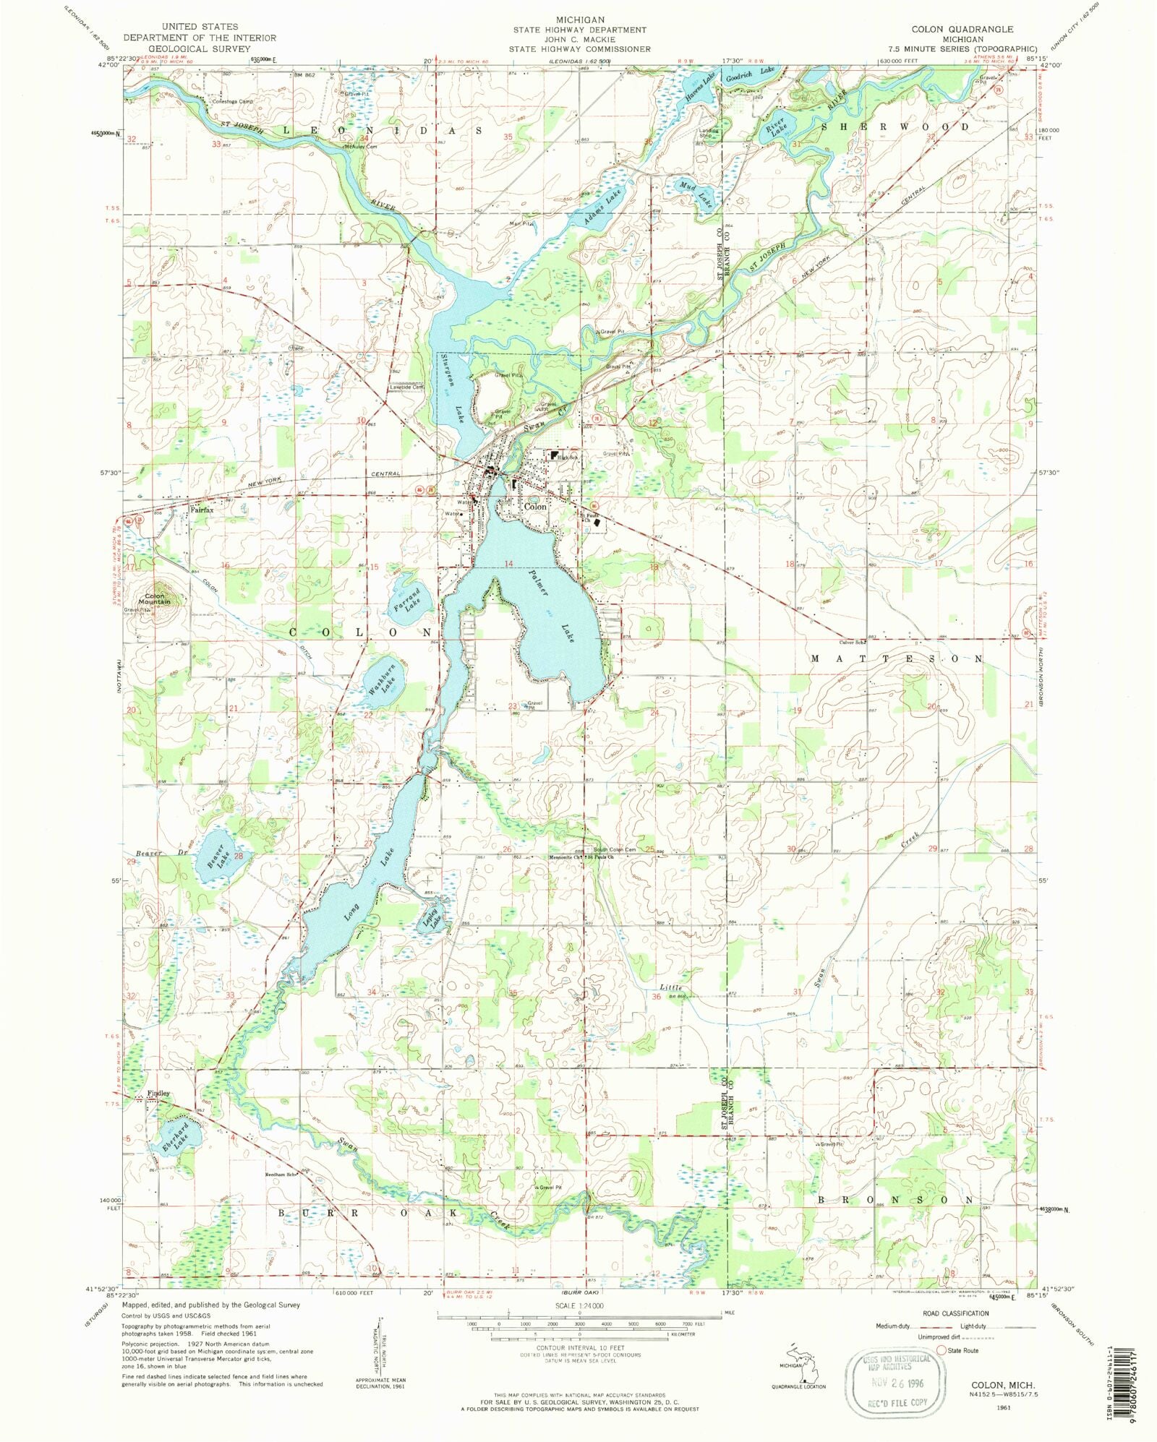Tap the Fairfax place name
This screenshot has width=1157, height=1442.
point(202,510)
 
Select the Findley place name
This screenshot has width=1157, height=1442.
point(158,1093)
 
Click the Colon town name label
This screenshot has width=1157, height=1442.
point(535,507)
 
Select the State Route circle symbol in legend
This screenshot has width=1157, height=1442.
point(942,1349)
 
